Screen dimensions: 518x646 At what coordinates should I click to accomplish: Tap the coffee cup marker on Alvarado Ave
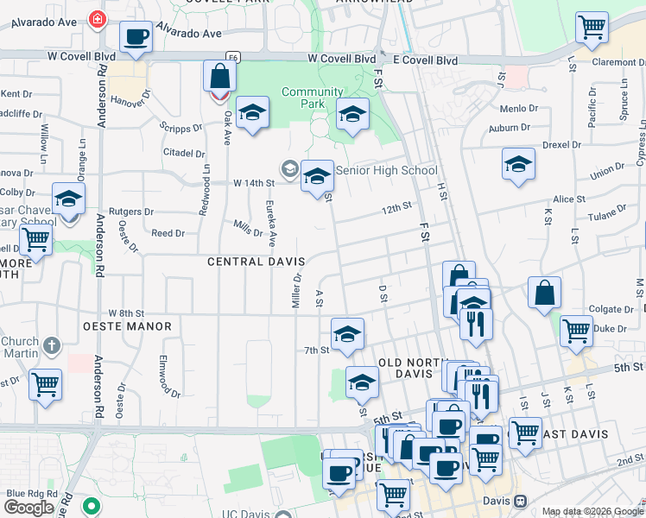click(x=136, y=37)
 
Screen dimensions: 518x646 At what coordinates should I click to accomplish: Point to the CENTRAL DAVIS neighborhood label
click(x=255, y=261)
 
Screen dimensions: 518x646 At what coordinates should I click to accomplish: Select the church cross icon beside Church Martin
click(x=51, y=346)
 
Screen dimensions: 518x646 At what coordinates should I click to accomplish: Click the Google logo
click(x=28, y=508)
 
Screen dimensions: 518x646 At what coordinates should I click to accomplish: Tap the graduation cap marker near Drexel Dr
click(x=518, y=164)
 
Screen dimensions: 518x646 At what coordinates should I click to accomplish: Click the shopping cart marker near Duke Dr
click(x=575, y=331)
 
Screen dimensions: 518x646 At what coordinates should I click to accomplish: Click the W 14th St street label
click(x=253, y=183)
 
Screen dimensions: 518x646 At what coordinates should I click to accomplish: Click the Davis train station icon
click(x=520, y=501)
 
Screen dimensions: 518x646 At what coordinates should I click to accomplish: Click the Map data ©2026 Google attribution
click(x=592, y=511)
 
